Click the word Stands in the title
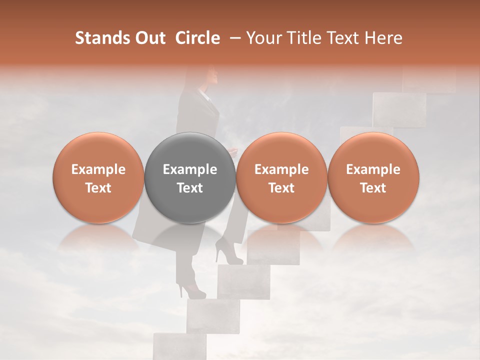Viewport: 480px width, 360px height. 102,38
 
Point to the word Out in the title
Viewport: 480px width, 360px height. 150,38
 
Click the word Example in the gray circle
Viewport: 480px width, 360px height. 190,169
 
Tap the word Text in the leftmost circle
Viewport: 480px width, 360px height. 98,188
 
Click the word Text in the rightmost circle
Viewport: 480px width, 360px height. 373,188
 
